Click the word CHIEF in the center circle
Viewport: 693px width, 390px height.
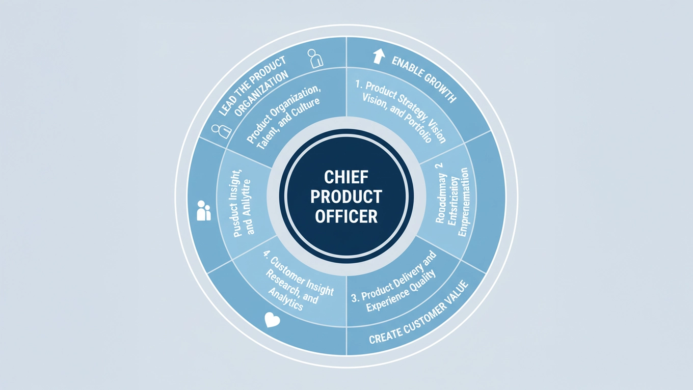coord(346,178)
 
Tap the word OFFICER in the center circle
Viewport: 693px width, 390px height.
coord(346,216)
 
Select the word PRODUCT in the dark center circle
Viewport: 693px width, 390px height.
coord(346,197)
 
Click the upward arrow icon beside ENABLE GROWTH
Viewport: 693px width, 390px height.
coord(378,56)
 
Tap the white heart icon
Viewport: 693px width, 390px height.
coord(273,320)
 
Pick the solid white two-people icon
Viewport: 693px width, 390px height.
coord(203,210)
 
